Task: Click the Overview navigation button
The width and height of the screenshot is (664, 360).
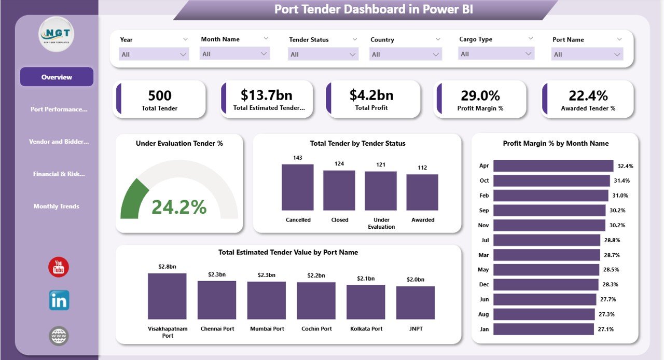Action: point(57,77)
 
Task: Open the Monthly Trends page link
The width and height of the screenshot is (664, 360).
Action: point(57,206)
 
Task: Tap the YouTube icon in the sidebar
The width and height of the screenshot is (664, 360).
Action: point(59,267)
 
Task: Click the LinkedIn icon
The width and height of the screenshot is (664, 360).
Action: point(59,300)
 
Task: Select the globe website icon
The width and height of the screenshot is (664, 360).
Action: point(59,336)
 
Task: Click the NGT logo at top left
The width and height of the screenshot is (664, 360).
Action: point(57,34)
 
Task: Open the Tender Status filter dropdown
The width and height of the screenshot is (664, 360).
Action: point(323,54)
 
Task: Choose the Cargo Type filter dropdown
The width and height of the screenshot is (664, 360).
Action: point(496,53)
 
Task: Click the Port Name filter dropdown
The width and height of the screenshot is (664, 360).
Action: point(587,54)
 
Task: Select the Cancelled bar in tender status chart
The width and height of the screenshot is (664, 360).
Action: point(298,187)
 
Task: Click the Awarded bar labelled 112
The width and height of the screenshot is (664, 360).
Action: point(422,192)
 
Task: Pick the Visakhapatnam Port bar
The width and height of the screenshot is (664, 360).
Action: point(167,296)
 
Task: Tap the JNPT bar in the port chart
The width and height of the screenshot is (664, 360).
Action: point(416,302)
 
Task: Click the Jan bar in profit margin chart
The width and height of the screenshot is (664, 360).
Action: point(543,329)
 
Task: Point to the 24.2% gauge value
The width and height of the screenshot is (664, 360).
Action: point(179,207)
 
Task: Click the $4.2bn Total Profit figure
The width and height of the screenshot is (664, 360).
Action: point(371,95)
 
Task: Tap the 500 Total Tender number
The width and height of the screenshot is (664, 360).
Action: point(160,95)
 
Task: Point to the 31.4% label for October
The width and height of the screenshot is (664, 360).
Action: point(622,181)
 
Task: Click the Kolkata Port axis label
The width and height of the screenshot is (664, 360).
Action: point(366,329)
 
